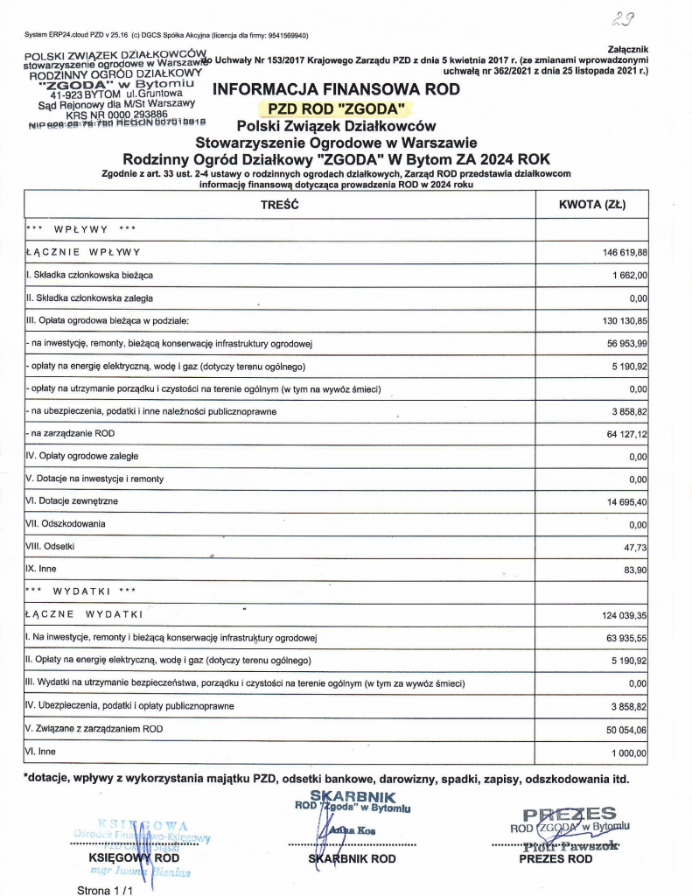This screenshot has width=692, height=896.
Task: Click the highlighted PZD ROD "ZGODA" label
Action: (x=337, y=109)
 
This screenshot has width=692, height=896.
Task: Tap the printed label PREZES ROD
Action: (x=556, y=859)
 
